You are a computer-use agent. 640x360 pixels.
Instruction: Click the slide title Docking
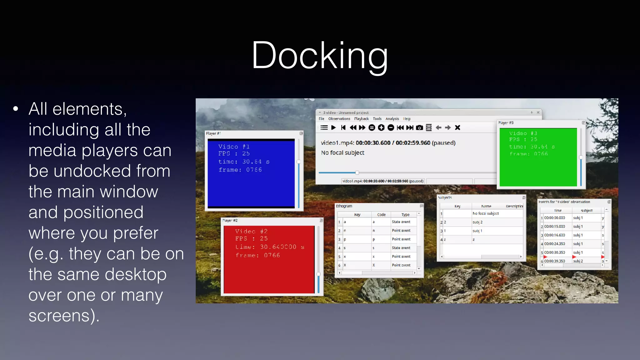coord(320,56)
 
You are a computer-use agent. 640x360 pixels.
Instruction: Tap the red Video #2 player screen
coord(269,259)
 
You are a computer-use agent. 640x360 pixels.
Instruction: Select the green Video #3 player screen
coord(538,157)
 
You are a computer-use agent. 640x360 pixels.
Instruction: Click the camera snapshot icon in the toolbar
coord(420,127)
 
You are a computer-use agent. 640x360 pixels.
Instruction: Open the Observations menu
coord(339,119)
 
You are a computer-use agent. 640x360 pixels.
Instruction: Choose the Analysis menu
coord(392,119)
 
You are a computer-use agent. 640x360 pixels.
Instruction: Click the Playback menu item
coord(361,119)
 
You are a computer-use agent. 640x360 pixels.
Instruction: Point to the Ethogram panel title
coord(344,206)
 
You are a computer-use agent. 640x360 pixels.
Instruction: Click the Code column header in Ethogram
coord(381,215)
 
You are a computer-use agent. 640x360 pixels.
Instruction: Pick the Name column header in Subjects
coord(486,206)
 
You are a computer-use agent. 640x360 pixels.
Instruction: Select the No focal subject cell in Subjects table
coord(486,213)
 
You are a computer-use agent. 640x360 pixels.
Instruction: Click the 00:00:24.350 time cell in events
coord(555,244)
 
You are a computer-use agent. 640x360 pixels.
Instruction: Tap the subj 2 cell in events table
coord(578,261)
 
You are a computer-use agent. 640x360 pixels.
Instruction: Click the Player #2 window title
coord(230,220)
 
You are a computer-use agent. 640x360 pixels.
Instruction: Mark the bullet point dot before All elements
coord(16,109)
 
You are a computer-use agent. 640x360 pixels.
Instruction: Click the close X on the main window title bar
coord(538,112)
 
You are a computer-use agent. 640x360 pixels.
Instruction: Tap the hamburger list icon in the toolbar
coord(324,127)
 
